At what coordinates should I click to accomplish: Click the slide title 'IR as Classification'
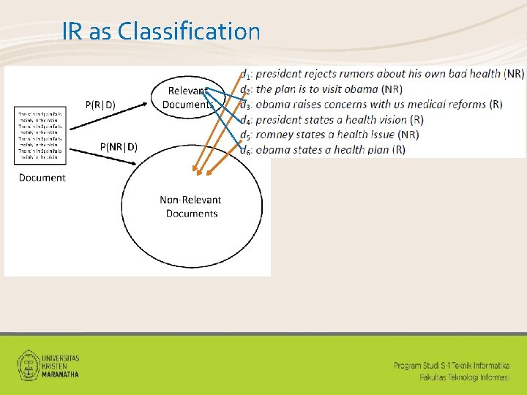(160, 31)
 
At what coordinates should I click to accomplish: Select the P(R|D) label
(100, 104)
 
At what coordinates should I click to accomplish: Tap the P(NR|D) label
(118, 147)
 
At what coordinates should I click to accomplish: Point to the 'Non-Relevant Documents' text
(190, 206)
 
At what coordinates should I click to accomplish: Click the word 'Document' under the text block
(42, 178)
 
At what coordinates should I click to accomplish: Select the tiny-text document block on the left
(41, 135)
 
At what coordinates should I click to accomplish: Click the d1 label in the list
(246, 74)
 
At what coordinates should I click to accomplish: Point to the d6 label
(246, 150)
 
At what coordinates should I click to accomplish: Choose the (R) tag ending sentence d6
(398, 150)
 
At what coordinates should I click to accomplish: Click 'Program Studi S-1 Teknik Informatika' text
(452, 365)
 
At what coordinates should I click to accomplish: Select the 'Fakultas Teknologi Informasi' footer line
(465, 377)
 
